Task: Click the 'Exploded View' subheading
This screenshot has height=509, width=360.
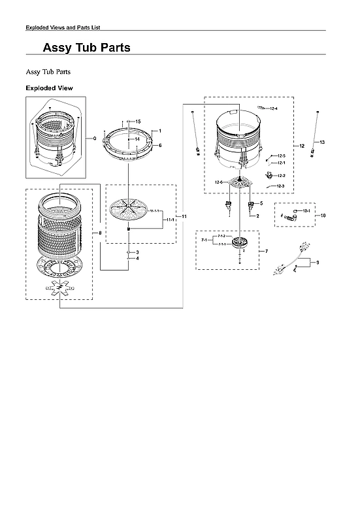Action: coord(49,88)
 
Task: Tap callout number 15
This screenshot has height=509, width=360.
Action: coord(138,122)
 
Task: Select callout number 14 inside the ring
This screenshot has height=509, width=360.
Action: coord(137,139)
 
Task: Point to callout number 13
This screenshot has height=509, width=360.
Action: coord(321,142)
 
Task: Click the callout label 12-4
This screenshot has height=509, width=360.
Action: coord(273,108)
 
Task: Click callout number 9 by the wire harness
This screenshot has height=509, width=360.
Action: coord(318,263)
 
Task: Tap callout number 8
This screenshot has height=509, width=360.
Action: coord(99,233)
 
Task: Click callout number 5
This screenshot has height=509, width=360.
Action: coord(261,203)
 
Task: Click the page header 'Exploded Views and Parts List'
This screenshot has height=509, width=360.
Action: coord(62,27)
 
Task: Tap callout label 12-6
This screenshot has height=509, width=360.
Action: coord(219,182)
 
